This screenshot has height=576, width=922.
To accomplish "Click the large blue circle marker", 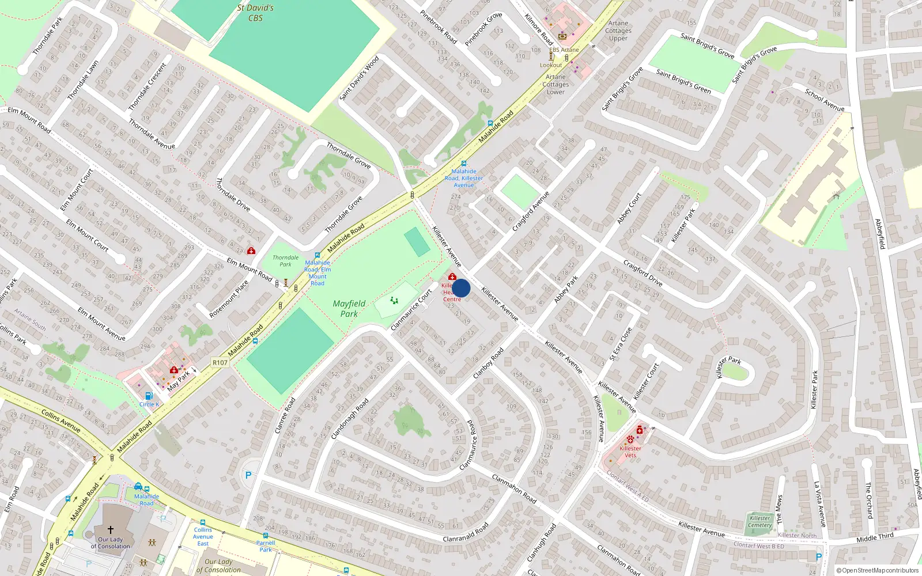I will click(x=461, y=288).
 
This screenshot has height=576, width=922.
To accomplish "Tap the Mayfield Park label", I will click(x=349, y=309).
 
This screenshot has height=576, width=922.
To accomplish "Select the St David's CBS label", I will click(x=255, y=13).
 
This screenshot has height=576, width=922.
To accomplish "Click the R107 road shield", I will click(x=220, y=363).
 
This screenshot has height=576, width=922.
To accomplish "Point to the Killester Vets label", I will click(x=630, y=452).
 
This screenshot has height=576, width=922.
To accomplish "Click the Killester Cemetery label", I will click(x=759, y=521).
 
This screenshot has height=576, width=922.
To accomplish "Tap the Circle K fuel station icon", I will click(x=149, y=396).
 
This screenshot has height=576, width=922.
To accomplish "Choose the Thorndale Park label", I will click(x=286, y=261).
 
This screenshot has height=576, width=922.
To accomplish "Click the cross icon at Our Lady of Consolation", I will click(x=111, y=529).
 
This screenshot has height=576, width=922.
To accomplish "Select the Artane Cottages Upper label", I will click(x=618, y=31).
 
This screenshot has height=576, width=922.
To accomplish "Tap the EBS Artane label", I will click(x=564, y=50).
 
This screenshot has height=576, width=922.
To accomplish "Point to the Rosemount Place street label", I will click(x=229, y=299).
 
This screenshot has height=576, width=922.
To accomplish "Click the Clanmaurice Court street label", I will click(x=411, y=310).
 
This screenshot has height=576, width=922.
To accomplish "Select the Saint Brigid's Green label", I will click(x=684, y=81).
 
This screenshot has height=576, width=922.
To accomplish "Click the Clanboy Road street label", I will click(x=488, y=363).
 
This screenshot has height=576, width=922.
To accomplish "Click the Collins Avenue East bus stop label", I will click(x=203, y=536).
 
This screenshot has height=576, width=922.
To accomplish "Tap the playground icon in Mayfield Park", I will click(x=394, y=300).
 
